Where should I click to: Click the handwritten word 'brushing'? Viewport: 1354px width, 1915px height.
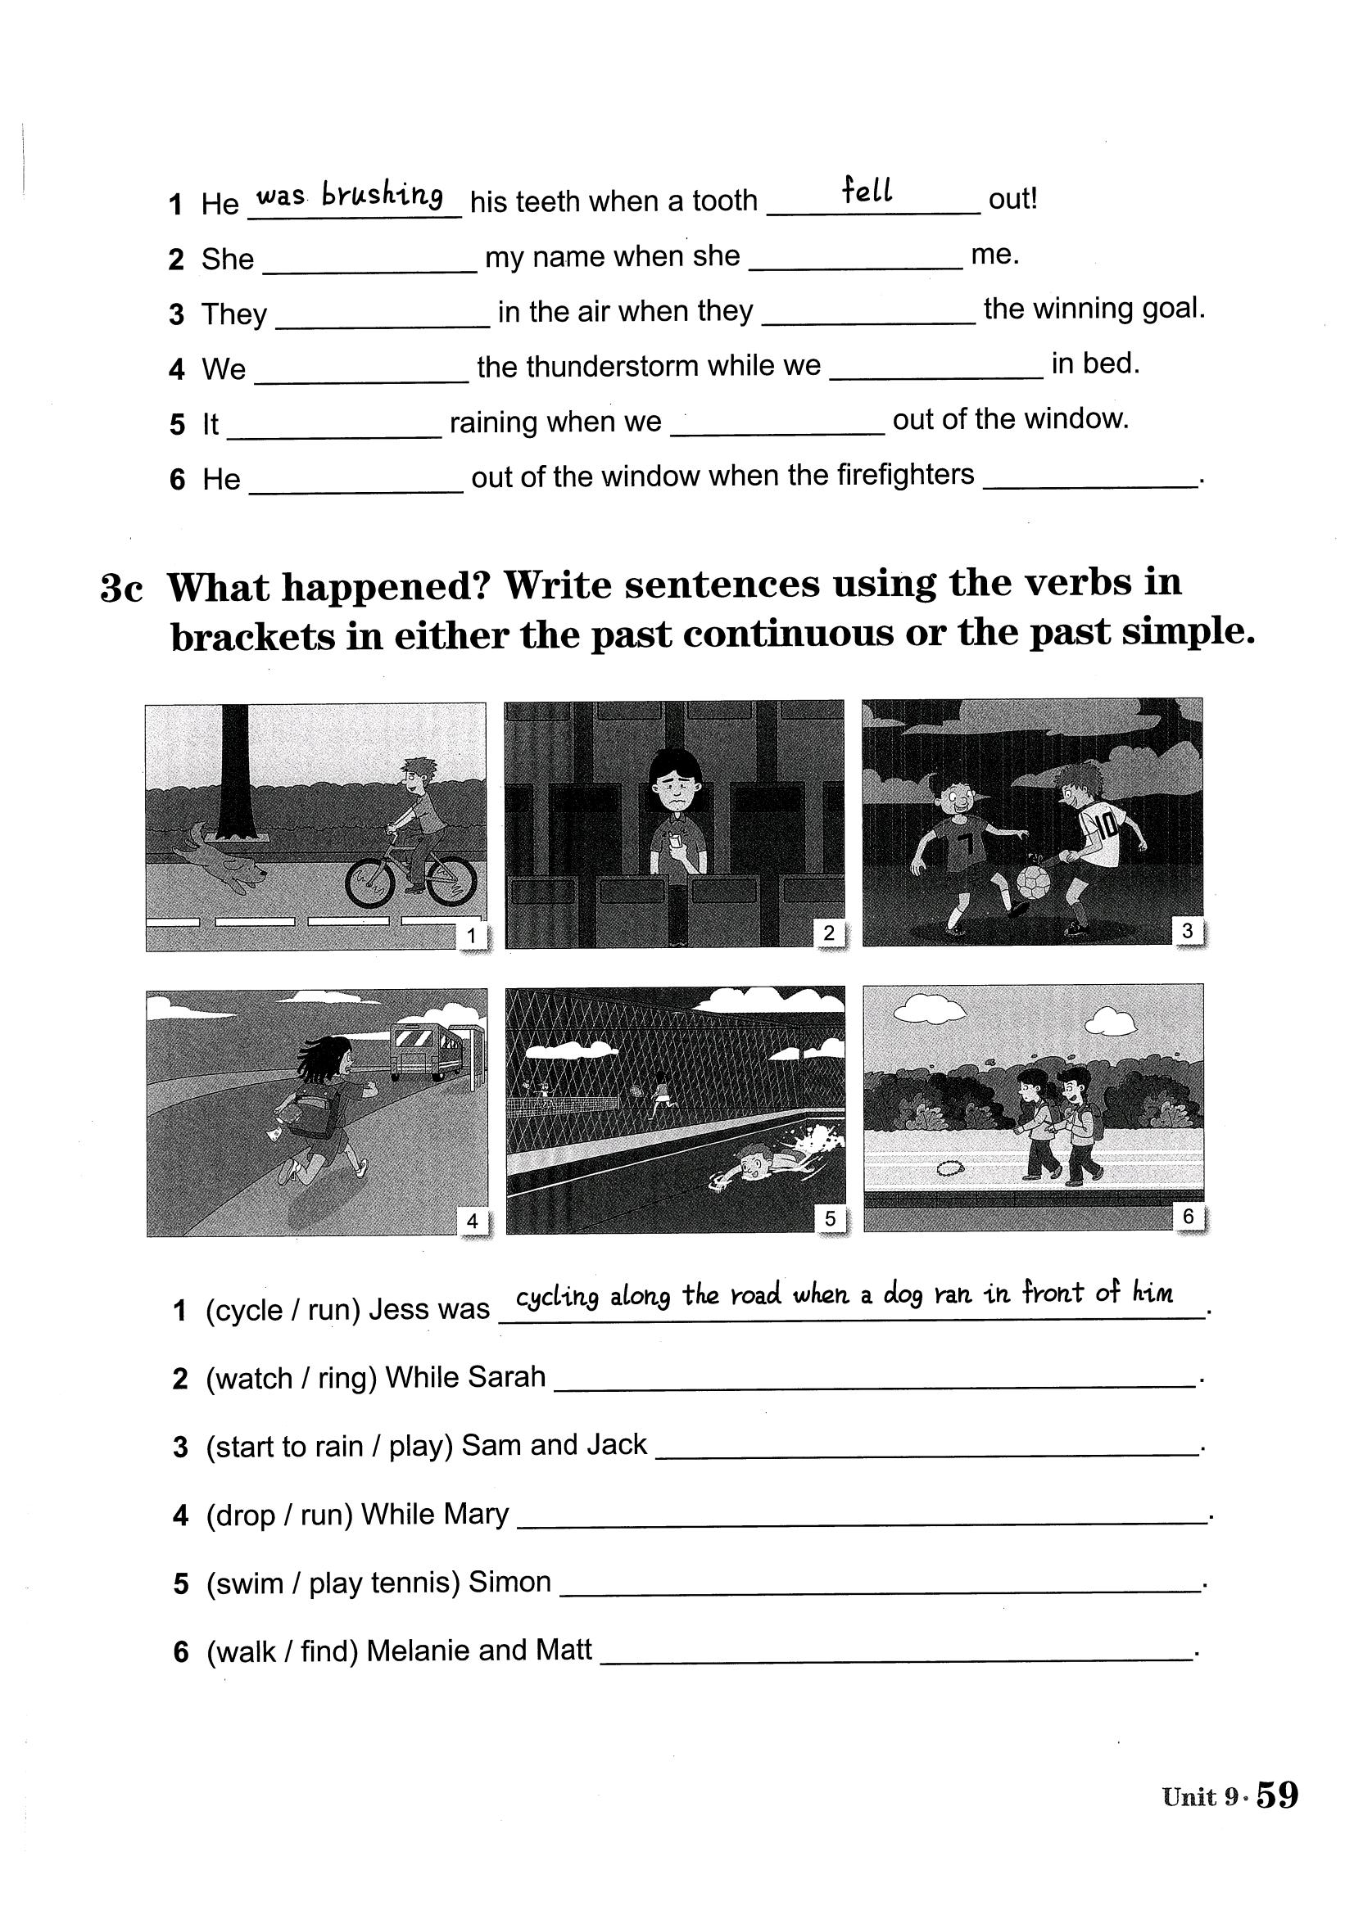[382, 195]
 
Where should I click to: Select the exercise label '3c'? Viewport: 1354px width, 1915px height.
[122, 588]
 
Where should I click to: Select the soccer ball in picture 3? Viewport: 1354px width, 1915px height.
[1033, 882]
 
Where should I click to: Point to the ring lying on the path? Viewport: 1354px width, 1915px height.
[949, 1168]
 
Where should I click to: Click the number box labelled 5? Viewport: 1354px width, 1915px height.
[830, 1218]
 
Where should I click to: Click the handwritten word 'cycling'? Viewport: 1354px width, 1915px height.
[557, 1298]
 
